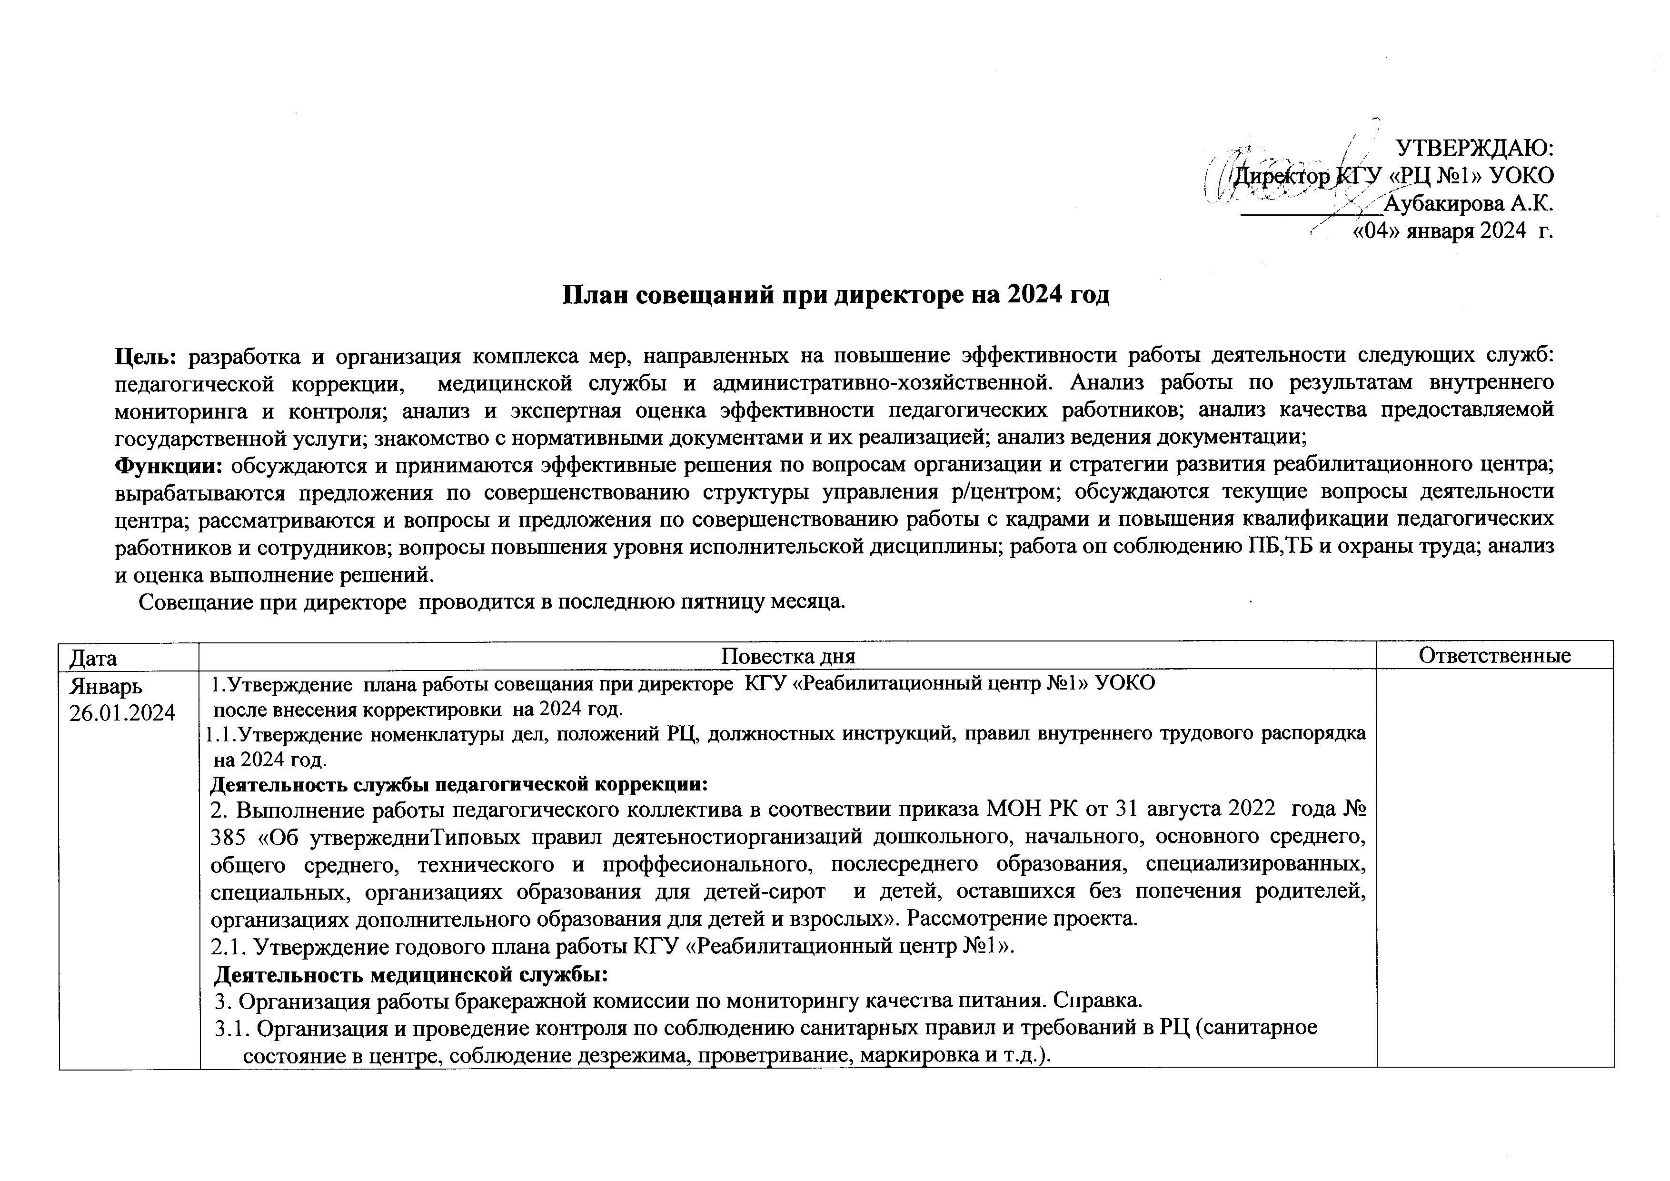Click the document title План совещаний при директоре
click(836, 295)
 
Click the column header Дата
click(93, 658)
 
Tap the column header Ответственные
click(1495, 656)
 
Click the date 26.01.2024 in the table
click(122, 713)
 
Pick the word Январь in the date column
click(106, 686)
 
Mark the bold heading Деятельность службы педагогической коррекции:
click(459, 785)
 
